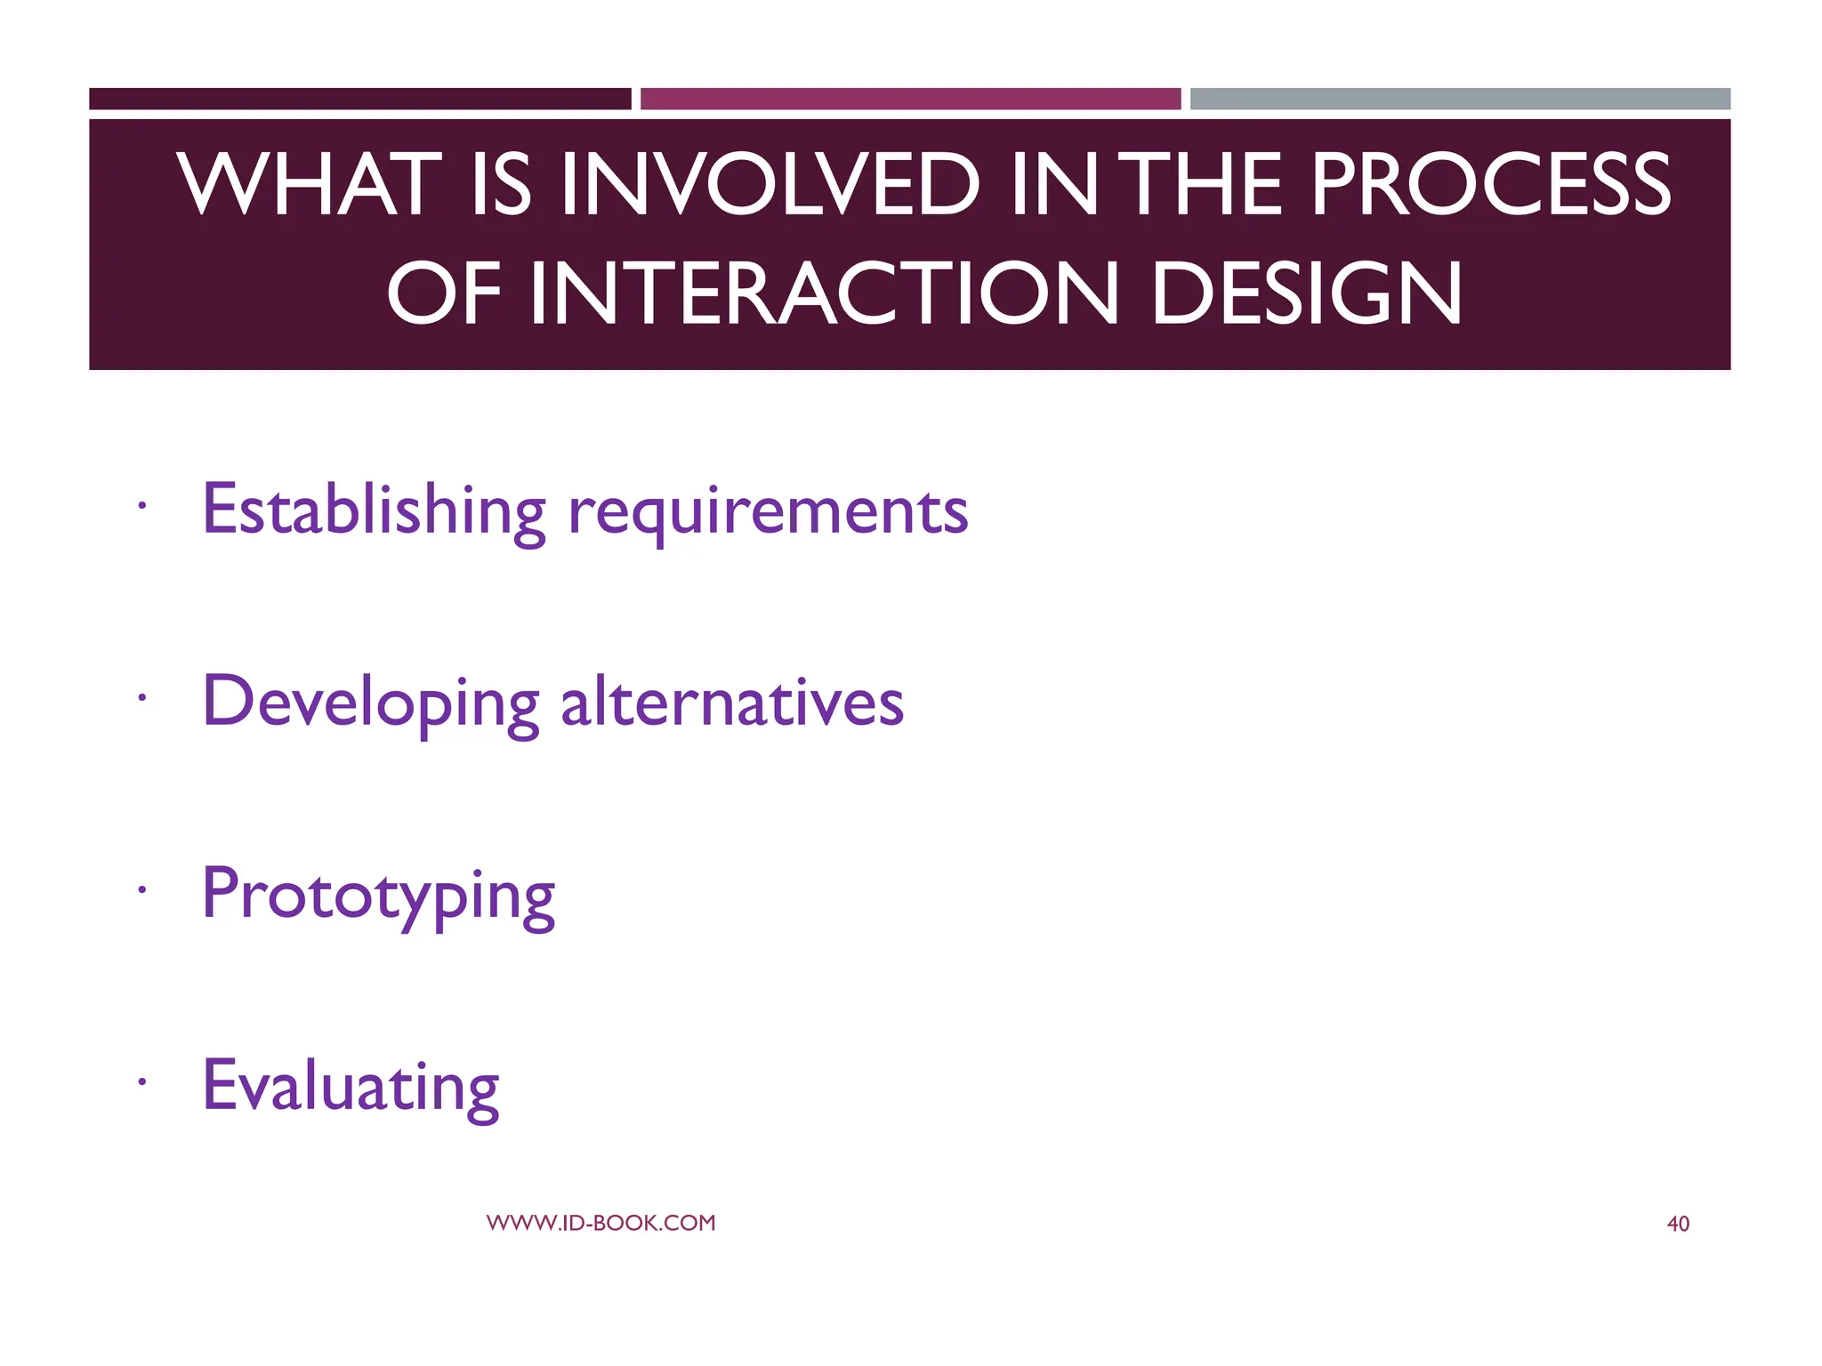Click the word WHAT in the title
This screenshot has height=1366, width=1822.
pyautogui.click(x=310, y=184)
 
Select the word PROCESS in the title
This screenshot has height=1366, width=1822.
pyautogui.click(x=1491, y=184)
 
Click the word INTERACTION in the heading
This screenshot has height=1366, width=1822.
pyautogui.click(x=823, y=294)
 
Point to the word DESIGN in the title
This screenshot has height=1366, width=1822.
pyautogui.click(x=1306, y=294)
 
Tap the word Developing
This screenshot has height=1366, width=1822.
pyautogui.click(x=371, y=703)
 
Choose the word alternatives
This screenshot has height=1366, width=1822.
pyautogui.click(x=731, y=702)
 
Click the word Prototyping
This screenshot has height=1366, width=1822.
pyautogui.click(x=378, y=896)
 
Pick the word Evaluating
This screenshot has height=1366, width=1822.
pyautogui.click(x=351, y=1087)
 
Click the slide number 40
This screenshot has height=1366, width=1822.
pyautogui.click(x=1677, y=1224)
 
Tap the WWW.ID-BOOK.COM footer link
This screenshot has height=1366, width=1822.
pyautogui.click(x=601, y=1223)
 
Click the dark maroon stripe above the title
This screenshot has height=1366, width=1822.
pyautogui.click(x=359, y=99)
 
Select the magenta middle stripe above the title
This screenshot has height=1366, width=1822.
pyautogui.click(x=910, y=99)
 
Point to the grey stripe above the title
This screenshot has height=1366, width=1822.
pyautogui.click(x=1460, y=99)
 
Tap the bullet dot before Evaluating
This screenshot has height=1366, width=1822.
pyautogui.click(x=141, y=1082)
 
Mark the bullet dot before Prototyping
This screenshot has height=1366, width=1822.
pyautogui.click(x=141, y=890)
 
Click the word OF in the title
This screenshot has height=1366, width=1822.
pyautogui.click(x=442, y=294)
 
